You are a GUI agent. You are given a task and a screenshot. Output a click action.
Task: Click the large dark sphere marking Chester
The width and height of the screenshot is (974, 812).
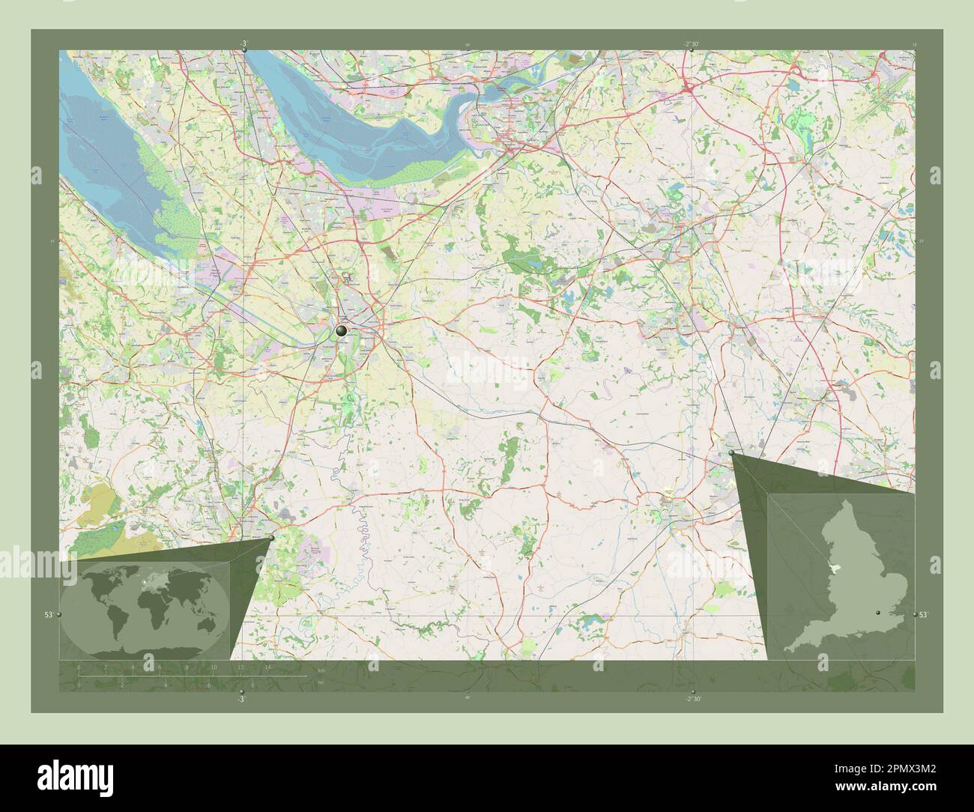pyautogui.click(x=342, y=330)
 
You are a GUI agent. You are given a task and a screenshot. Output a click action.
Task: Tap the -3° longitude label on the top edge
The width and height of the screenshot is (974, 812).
pyautogui.click(x=243, y=44)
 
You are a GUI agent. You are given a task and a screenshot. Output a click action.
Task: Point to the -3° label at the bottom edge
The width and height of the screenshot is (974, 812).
pyautogui.click(x=241, y=698)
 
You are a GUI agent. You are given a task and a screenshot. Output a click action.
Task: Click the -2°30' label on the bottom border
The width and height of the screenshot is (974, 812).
pyautogui.click(x=692, y=698)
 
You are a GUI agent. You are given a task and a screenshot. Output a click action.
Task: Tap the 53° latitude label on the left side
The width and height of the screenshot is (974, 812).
pyautogui.click(x=48, y=614)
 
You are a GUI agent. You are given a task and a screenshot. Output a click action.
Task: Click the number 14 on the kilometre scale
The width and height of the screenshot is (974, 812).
pyautogui.click(x=267, y=667)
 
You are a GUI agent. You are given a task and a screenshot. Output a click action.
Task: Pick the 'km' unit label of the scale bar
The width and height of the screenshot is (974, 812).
pyautogui.click(x=321, y=670)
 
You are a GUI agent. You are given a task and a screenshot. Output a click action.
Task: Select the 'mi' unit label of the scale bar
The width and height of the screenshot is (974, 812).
pyautogui.click(x=321, y=682)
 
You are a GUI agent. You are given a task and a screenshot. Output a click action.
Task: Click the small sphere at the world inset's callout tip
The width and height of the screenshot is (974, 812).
pyautogui.click(x=271, y=538)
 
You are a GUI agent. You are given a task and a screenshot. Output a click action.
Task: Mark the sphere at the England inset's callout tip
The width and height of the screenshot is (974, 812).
pyautogui.click(x=731, y=452)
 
